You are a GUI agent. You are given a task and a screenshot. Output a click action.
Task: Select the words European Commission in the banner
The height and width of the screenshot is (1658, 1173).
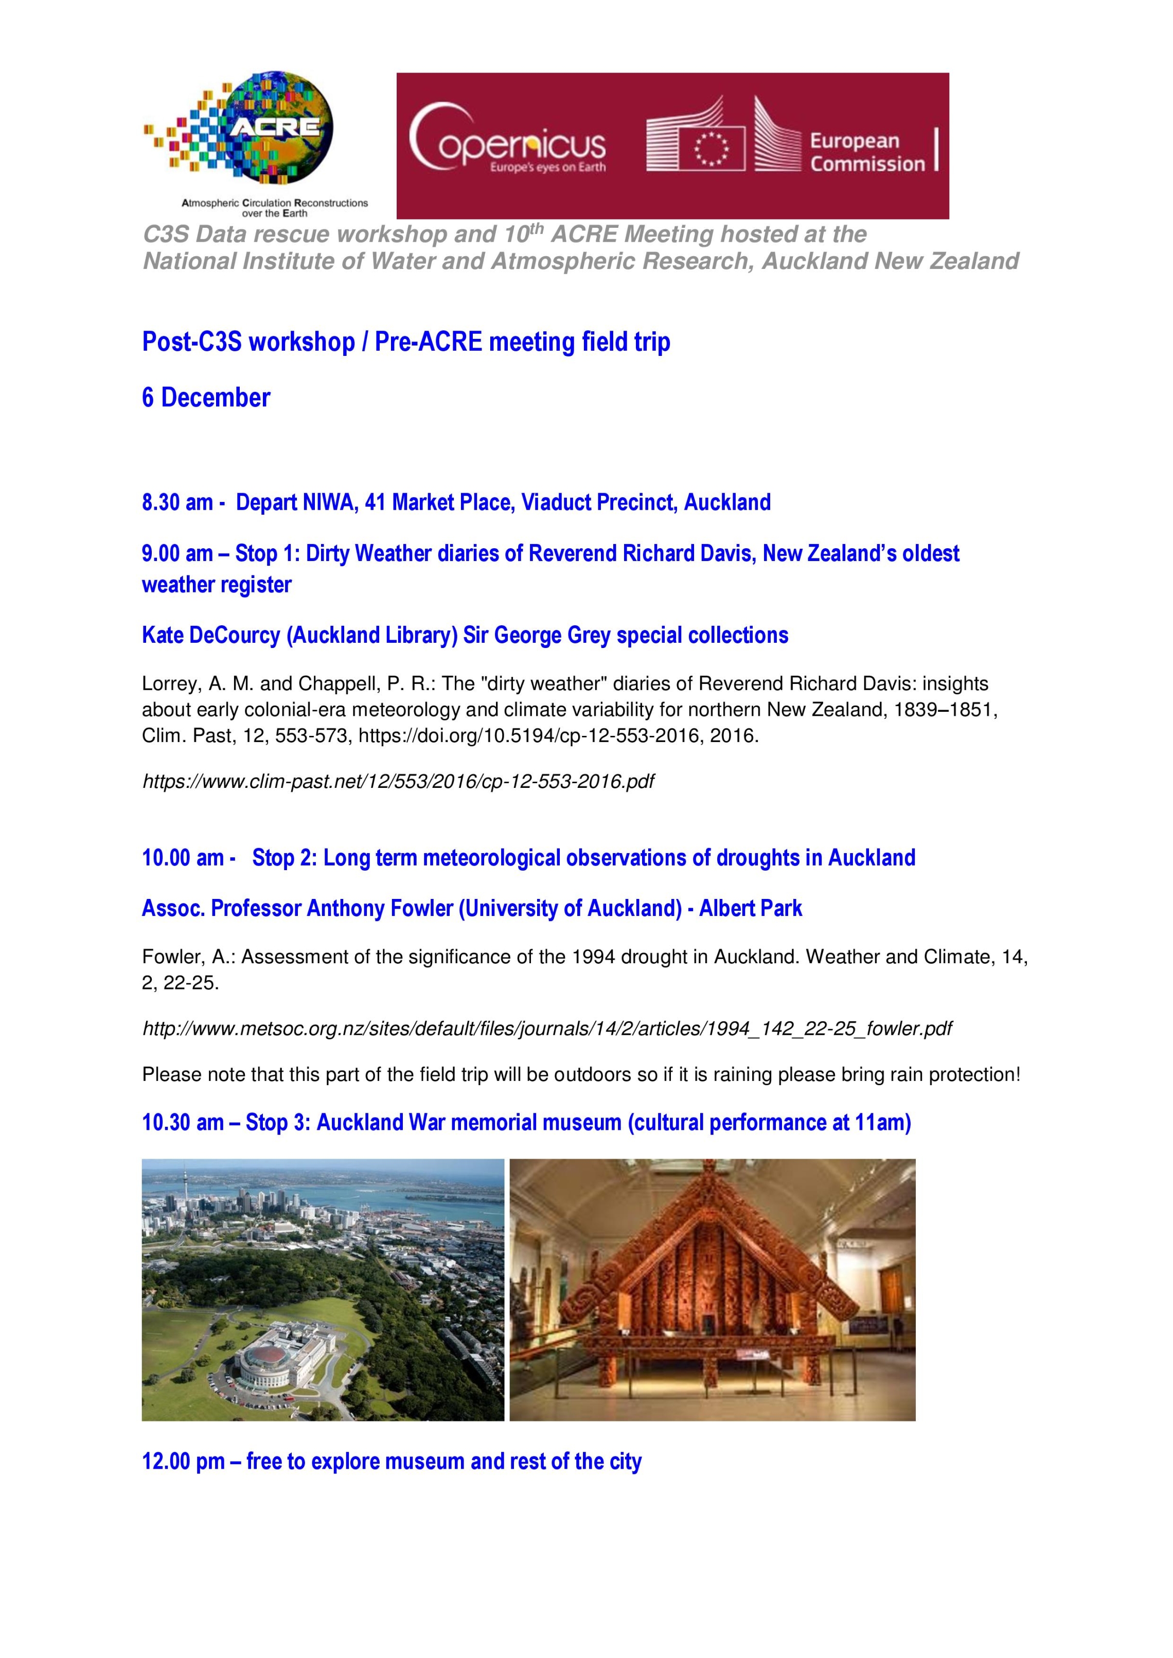tap(867, 152)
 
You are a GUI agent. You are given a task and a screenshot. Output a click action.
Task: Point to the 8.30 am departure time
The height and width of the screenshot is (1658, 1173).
tap(177, 502)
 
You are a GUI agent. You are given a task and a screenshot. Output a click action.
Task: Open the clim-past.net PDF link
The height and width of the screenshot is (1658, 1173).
tap(398, 781)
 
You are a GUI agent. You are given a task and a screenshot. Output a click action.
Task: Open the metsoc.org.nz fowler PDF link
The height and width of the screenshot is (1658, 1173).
tap(547, 1029)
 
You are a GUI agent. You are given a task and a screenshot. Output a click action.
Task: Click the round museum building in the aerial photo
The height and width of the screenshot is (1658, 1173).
tap(269, 1360)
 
